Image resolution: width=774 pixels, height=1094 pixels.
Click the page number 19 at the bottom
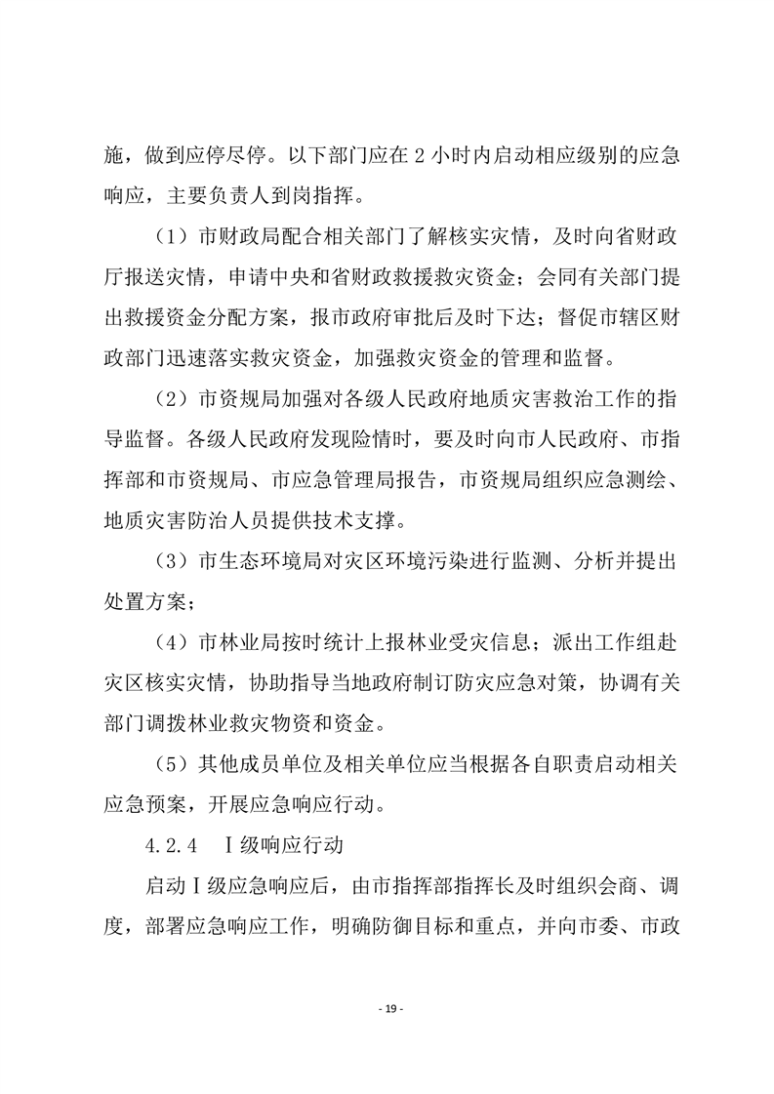pyautogui.click(x=387, y=1007)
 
